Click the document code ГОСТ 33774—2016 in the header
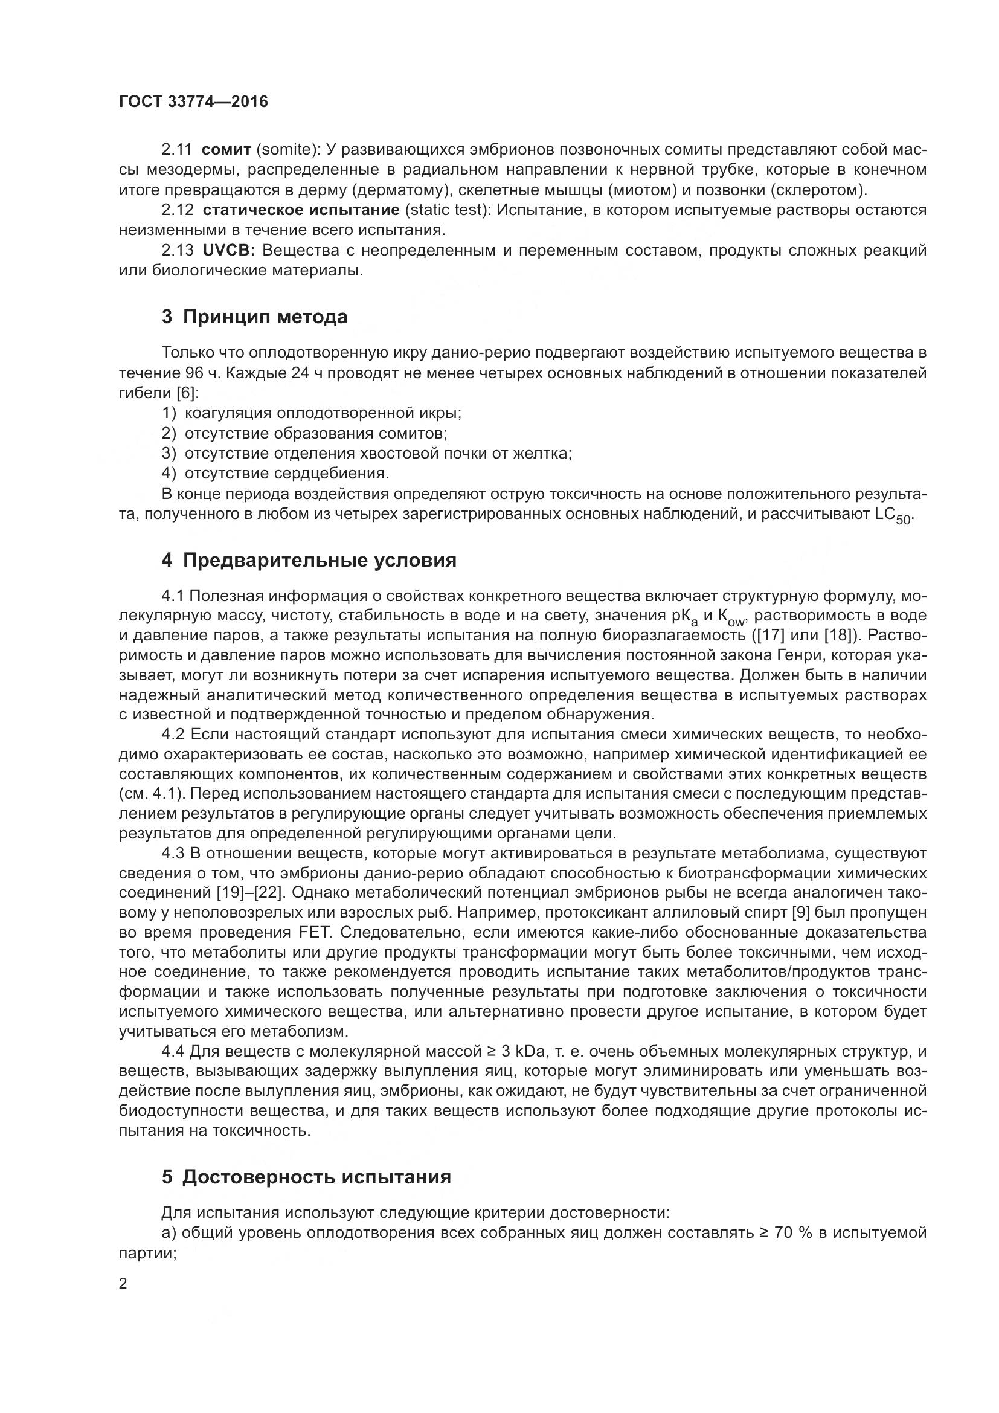[193, 101]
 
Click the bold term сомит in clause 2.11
[226, 150]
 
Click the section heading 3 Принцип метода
[255, 317]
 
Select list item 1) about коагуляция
[311, 413]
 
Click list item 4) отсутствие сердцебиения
[275, 473]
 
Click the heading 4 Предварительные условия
[309, 561]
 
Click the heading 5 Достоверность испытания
[306, 1177]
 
